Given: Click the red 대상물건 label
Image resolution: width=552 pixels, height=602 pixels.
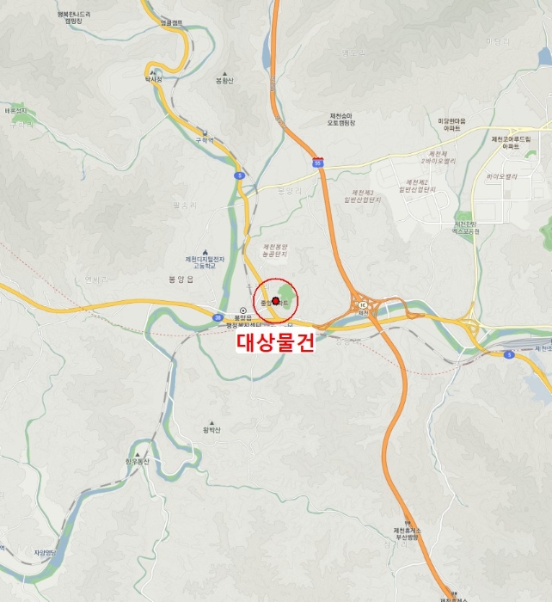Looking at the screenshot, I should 275,341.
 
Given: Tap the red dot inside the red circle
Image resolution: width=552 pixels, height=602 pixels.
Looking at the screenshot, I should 275,301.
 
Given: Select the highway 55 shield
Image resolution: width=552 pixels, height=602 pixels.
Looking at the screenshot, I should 318,161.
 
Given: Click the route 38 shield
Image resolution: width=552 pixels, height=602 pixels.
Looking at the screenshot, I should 218,316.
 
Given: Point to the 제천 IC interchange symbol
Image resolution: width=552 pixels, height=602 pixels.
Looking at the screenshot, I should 362,304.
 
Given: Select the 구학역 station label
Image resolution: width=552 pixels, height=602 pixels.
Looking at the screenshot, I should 204,139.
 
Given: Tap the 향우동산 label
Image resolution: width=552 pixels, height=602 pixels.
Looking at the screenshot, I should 137,461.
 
